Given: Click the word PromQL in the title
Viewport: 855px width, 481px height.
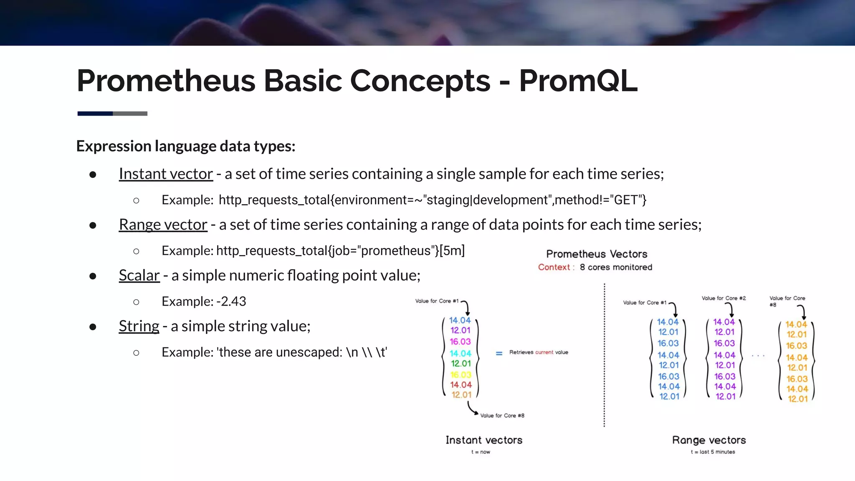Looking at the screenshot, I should [578, 81].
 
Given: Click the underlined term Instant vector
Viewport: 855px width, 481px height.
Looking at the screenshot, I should [166, 174].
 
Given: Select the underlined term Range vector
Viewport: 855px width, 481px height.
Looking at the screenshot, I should [163, 225].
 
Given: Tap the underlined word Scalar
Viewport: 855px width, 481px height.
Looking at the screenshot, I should [139, 276].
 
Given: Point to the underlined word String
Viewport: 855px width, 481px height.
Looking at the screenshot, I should [139, 326].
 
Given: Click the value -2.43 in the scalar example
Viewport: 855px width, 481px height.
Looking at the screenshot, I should [231, 301].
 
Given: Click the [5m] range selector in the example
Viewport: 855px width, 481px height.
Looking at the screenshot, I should [452, 251].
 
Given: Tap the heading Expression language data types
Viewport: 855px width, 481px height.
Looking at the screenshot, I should [186, 146].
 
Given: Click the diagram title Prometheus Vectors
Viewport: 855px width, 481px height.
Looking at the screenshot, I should [597, 254].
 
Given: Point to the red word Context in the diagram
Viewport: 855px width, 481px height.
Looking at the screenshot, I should [554, 267].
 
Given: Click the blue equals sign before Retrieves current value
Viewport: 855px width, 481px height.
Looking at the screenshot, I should [499, 353].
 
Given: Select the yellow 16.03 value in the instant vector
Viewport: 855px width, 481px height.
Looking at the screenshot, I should [460, 375].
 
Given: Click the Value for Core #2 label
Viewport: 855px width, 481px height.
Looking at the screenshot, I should [723, 298].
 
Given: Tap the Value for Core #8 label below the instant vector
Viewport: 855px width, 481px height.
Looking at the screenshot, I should [502, 415].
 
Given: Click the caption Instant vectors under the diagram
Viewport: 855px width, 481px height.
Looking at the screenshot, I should [484, 440].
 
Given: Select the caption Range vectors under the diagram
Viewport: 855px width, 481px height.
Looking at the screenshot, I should [709, 440].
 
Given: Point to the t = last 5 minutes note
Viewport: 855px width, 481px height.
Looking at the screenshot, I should [713, 452].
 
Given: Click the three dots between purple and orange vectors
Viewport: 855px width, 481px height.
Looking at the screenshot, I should [758, 356].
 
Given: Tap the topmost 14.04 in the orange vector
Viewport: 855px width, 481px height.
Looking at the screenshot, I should [796, 324].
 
